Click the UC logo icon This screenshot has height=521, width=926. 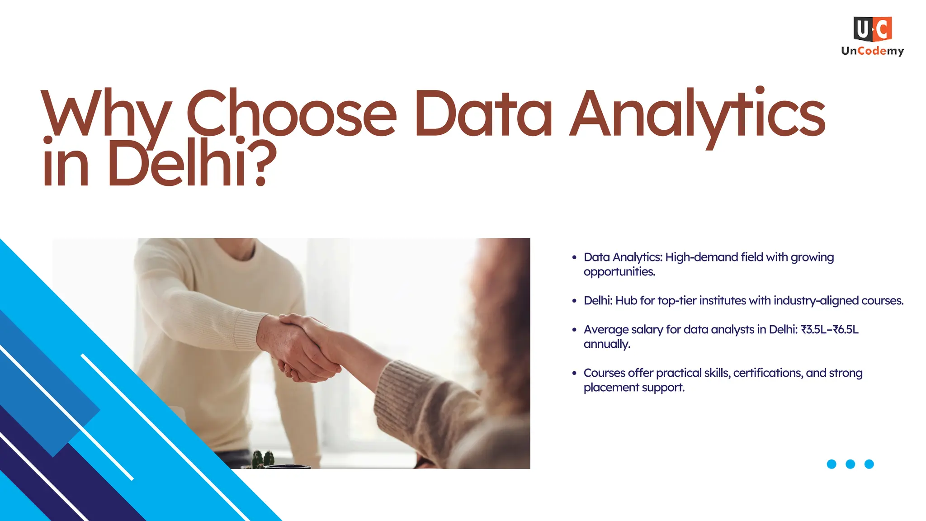(872, 29)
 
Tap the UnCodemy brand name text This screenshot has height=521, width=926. (872, 51)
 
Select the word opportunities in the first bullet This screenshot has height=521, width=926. (619, 272)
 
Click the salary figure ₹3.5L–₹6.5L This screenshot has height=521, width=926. (829, 330)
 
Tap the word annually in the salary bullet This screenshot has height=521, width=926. (606, 344)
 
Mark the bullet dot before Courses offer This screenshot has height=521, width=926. (574, 373)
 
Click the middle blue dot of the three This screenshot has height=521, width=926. (850, 464)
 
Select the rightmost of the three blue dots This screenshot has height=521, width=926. (869, 464)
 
